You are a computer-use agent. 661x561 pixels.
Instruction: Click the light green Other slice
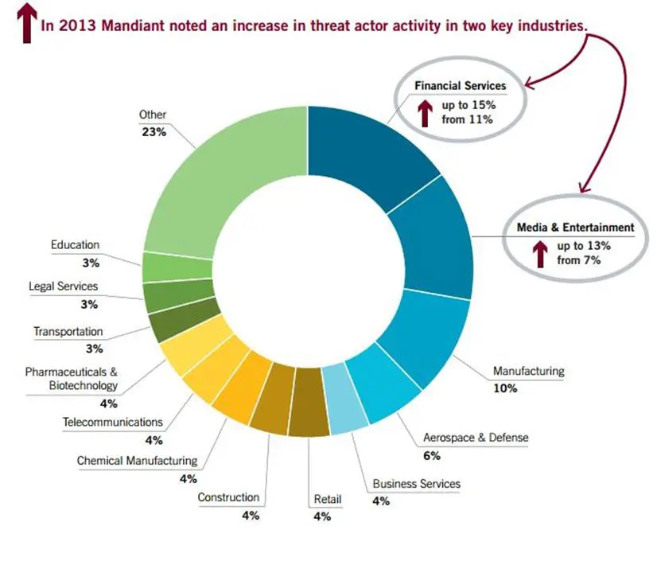215,183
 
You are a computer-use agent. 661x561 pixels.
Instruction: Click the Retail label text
327,500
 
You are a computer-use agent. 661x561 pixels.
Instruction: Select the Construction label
228,497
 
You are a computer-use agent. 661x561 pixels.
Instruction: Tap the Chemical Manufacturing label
137,460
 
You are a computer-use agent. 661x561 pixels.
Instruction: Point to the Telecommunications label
112,422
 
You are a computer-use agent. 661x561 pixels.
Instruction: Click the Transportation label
68,331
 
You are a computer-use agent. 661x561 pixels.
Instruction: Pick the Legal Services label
63,286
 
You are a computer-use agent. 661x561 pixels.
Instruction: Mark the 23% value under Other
153,132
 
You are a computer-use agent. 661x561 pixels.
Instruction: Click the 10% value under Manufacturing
505,388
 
